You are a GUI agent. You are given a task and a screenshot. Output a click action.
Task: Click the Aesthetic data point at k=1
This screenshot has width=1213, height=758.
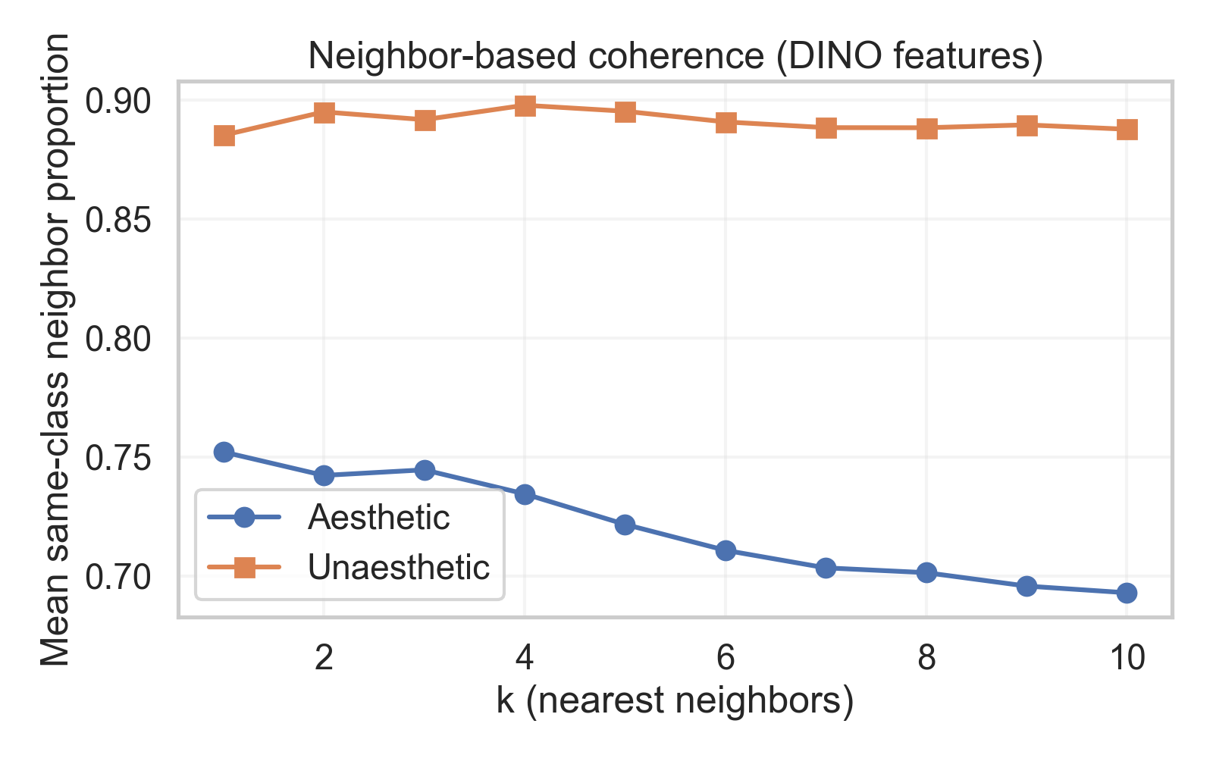tap(224, 452)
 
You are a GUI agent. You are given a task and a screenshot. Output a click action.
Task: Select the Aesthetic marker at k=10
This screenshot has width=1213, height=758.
tap(1127, 593)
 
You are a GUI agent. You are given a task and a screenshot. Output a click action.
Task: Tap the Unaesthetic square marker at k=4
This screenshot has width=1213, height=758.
tap(525, 105)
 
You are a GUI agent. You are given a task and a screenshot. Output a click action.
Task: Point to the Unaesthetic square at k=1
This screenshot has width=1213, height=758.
tap(224, 136)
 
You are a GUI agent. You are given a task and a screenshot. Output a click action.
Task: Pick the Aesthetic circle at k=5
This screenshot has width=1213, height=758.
tap(625, 525)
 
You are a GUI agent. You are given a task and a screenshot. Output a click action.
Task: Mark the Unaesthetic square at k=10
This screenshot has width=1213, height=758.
tap(1127, 130)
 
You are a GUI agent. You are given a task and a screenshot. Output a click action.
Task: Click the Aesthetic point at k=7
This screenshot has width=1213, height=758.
tap(826, 568)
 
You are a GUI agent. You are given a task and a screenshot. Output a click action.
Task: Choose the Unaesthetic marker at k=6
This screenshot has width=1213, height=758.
tap(726, 122)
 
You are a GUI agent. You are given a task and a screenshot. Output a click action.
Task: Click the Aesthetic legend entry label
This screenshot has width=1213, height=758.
tap(378, 518)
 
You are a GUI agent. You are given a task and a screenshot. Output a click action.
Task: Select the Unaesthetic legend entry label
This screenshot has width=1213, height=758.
tap(398, 567)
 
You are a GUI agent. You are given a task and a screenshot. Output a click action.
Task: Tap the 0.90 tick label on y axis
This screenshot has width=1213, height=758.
tap(118, 101)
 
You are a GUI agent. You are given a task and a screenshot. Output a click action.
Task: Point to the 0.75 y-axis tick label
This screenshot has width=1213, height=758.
tap(118, 458)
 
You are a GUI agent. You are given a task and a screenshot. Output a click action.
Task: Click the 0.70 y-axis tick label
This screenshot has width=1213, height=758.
tap(118, 577)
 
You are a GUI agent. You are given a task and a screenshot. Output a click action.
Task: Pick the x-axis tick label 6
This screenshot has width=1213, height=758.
tap(726, 658)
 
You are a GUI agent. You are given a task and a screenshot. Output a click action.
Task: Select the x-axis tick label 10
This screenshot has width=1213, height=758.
tap(1127, 658)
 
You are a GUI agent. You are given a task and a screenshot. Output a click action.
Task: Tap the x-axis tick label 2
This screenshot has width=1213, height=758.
tap(324, 658)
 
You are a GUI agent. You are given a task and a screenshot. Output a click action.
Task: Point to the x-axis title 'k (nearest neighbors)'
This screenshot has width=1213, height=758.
tap(675, 701)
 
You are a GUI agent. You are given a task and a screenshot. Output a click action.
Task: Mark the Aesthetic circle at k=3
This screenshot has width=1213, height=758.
tap(425, 470)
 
